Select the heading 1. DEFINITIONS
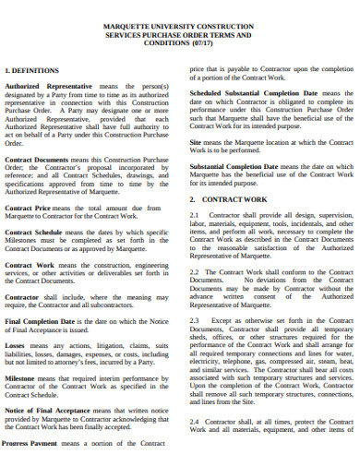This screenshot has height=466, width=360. (32, 70)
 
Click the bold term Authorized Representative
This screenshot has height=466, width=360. (47, 86)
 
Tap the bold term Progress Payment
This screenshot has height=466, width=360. (32, 443)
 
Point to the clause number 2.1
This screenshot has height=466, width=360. (194, 214)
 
